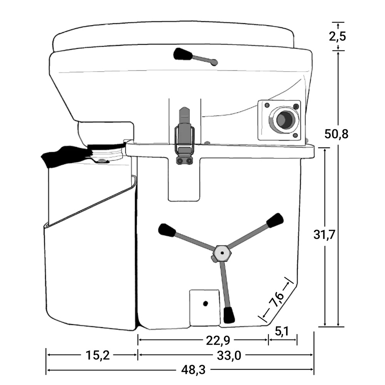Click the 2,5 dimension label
click(337, 36)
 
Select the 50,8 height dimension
click(336, 134)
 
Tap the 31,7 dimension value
click(324, 235)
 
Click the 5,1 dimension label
click(282, 331)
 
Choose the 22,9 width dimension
click(218, 341)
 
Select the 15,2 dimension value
click(97, 355)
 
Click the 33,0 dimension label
click(229, 355)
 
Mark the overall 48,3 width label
click(193, 370)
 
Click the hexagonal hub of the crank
click(222, 253)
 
